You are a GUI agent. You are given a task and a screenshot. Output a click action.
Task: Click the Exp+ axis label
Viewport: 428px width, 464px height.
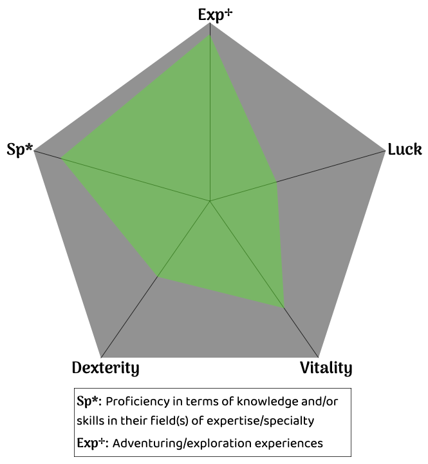[215, 15]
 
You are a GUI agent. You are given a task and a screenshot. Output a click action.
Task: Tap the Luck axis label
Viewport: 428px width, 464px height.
[405, 150]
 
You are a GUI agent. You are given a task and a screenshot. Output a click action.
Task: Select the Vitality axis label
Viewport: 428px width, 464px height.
[326, 369]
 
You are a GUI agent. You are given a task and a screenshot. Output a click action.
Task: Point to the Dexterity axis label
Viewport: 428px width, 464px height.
[106, 369]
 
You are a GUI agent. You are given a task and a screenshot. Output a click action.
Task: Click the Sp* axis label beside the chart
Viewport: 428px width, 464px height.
[19, 150]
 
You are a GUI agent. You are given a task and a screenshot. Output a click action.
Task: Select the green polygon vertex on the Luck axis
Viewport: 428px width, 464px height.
[277, 182]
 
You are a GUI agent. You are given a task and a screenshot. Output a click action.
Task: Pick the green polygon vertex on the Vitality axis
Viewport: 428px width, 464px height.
[284, 307]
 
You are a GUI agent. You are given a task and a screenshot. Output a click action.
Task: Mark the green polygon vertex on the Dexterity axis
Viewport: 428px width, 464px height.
[158, 277]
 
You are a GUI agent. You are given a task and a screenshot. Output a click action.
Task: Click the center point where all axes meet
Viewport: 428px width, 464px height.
[210, 202]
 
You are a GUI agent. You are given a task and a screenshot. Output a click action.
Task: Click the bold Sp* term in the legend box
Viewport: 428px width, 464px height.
[89, 401]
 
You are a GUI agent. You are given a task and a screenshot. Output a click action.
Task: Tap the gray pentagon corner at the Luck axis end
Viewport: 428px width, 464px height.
[385, 153]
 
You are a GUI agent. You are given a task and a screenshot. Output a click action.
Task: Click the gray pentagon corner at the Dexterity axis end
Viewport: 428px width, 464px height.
[102, 357]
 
